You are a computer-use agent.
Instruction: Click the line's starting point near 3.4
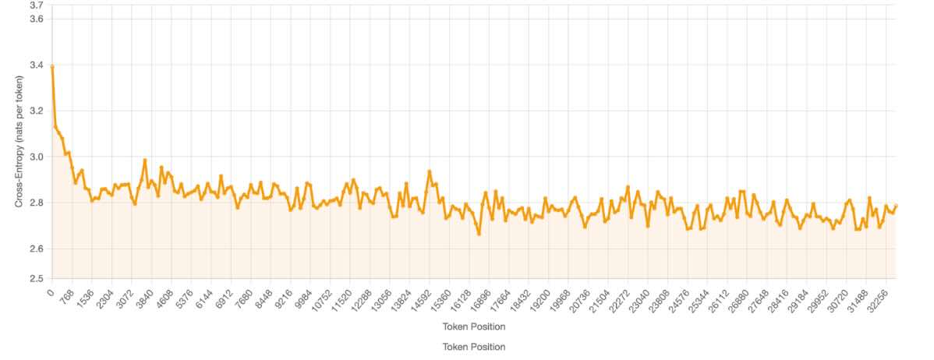pyautogui.click(x=51, y=66)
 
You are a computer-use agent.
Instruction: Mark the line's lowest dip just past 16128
pyautogui.click(x=479, y=234)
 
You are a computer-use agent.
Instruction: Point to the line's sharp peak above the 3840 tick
pyautogui.click(x=145, y=160)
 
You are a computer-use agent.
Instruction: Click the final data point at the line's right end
pyautogui.click(x=896, y=206)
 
